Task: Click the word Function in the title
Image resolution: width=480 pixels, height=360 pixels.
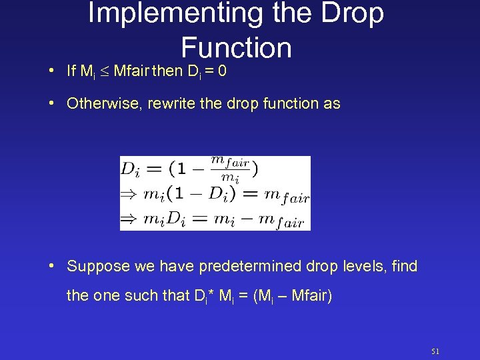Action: tap(236, 47)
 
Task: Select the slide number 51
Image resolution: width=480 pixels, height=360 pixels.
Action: tap(435, 351)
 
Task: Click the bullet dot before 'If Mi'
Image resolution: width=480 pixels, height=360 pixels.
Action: tap(52, 71)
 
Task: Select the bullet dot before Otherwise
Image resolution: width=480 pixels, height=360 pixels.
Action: tap(52, 104)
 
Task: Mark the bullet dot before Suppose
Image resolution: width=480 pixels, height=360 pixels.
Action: tap(52, 267)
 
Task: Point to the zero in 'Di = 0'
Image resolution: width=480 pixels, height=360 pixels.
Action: tap(222, 70)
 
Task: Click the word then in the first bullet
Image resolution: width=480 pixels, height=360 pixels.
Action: tap(166, 70)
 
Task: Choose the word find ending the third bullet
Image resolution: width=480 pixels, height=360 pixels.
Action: tap(405, 266)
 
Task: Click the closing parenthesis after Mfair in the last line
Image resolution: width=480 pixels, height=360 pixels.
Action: tap(329, 295)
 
